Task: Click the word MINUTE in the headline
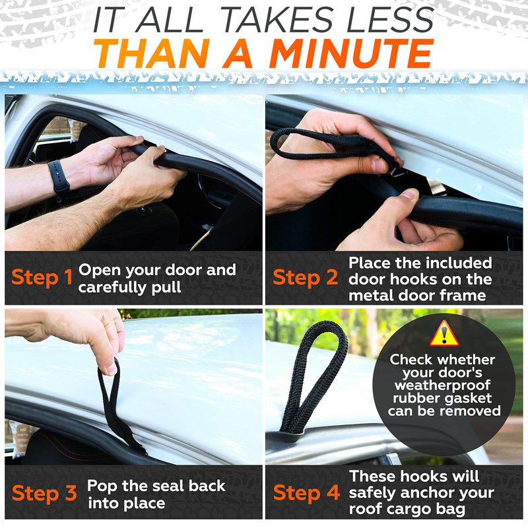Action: click(351, 53)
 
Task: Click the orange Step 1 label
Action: click(42, 278)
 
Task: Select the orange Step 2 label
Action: click(305, 278)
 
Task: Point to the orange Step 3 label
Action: click(44, 494)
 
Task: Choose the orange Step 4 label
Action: click(306, 493)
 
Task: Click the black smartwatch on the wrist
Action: click(59, 178)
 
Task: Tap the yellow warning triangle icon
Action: click(444, 333)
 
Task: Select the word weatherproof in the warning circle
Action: click(442, 385)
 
